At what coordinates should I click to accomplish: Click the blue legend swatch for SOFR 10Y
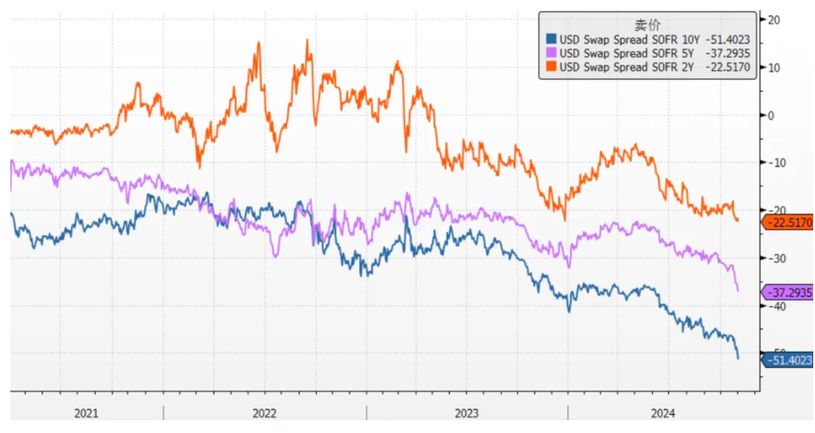(550, 38)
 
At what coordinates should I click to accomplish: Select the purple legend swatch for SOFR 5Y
(550, 52)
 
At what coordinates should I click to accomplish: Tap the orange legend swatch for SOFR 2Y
(550, 66)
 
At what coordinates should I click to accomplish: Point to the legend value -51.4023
(727, 38)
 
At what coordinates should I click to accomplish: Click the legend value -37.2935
(727, 52)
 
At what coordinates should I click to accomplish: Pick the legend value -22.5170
(727, 66)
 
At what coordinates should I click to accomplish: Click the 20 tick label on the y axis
(774, 20)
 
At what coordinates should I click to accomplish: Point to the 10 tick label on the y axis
(774, 67)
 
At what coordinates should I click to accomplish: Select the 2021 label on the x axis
(86, 414)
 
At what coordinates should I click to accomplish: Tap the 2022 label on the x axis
(264, 414)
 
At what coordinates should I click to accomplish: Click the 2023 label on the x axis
(466, 414)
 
